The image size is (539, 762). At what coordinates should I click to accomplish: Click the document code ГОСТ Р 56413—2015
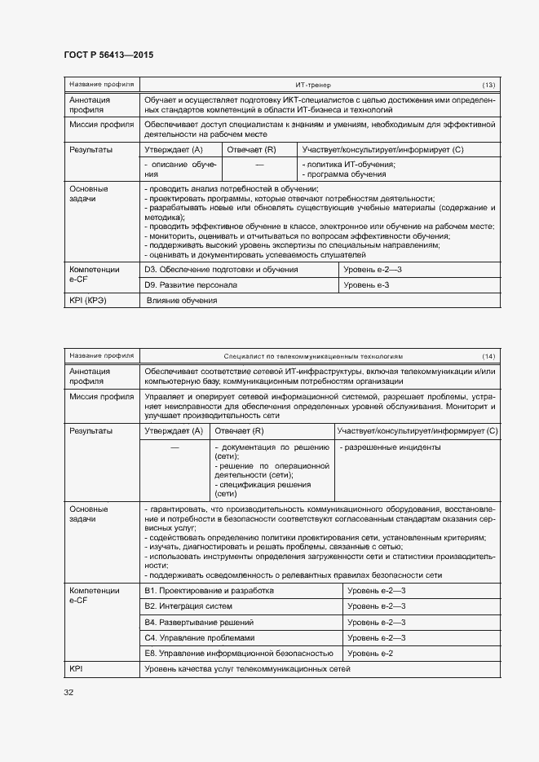(108, 55)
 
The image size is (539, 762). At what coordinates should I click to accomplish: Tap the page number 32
(68, 693)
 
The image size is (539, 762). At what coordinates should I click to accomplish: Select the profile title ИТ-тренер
(313, 85)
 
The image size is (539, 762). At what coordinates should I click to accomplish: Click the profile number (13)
(488, 85)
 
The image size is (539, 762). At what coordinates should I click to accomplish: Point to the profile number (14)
(488, 356)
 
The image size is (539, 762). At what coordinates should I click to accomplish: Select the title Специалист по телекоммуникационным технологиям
(313, 356)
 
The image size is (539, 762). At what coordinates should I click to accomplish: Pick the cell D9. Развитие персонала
(191, 285)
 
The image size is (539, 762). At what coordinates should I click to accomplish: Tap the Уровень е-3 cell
(366, 285)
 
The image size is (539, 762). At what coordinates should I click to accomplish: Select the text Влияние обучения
(182, 301)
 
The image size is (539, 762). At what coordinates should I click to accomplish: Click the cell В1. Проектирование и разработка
(209, 590)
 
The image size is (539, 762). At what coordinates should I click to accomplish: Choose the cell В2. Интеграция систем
(188, 606)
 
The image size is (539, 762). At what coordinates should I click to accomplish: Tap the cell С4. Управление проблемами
(200, 637)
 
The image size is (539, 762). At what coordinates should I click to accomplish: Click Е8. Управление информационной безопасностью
(239, 654)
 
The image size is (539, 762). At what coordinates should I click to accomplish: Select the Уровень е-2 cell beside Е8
(371, 654)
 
